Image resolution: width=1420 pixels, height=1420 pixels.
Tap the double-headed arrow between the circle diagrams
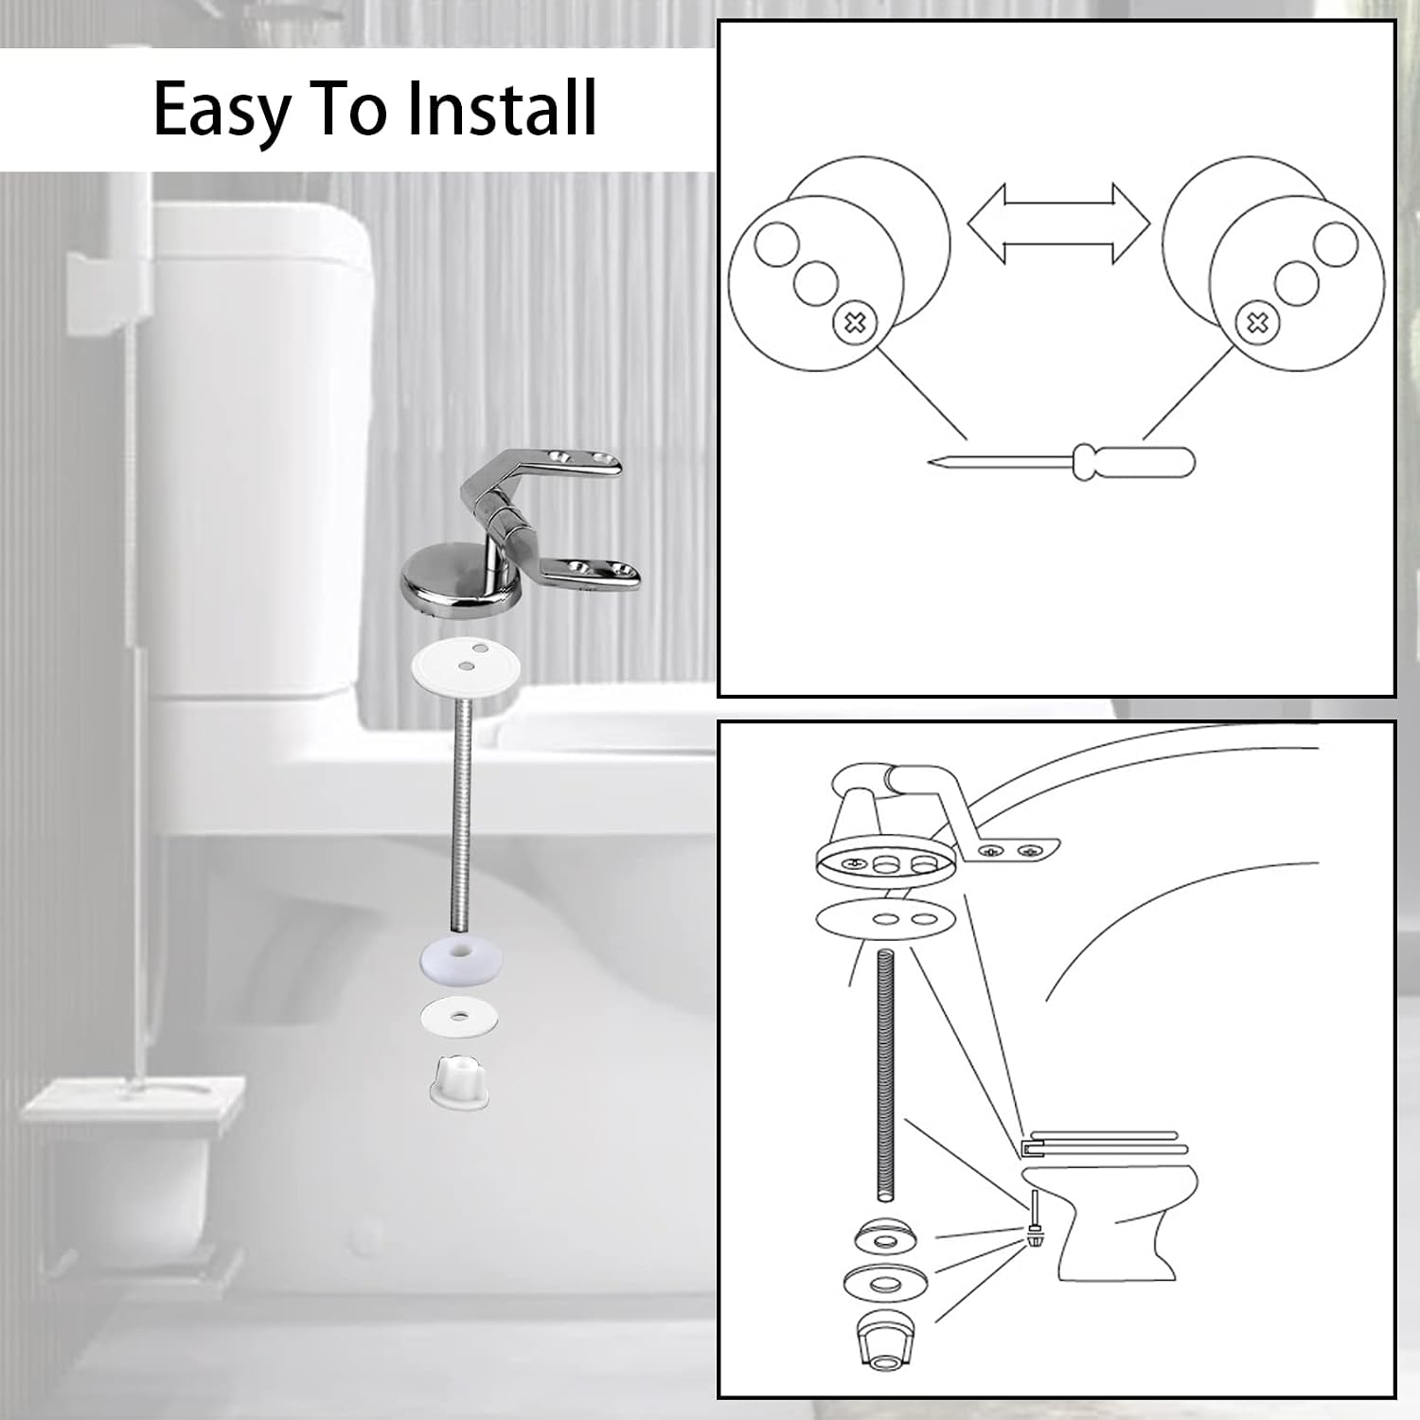tap(1057, 223)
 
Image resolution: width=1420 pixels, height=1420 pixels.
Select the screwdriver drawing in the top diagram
tap(1061, 462)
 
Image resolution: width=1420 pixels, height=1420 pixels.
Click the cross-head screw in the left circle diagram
tap(854, 324)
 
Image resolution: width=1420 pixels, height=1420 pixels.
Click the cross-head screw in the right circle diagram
tap(1257, 324)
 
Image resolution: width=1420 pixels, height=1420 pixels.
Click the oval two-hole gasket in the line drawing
tap(887, 919)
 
